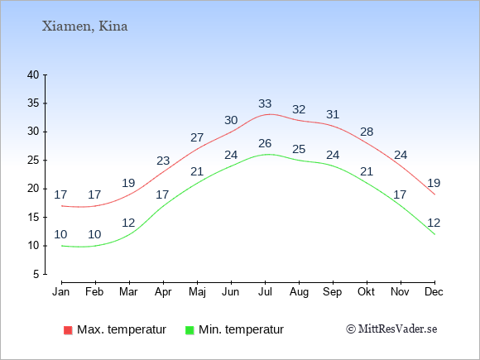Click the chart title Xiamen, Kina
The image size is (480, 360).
(84, 26)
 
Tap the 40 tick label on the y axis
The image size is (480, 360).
(33, 74)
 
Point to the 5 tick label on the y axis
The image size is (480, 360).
(36, 274)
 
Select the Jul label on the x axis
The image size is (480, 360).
(265, 292)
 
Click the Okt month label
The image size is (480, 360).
(366, 292)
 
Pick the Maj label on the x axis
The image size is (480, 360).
(197, 292)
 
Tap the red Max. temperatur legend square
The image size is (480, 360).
(68, 330)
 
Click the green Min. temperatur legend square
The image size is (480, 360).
(190, 330)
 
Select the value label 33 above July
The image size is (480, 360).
(265, 103)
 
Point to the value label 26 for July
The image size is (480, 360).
(265, 143)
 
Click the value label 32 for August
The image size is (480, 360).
(299, 109)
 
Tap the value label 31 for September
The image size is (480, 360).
(333, 114)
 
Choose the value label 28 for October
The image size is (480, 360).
(367, 132)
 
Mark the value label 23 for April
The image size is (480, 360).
(163, 161)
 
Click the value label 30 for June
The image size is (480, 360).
(231, 120)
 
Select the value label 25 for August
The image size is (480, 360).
(299, 149)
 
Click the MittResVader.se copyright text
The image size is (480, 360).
(391, 329)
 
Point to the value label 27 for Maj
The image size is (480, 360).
(197, 137)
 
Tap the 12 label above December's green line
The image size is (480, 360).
(434, 223)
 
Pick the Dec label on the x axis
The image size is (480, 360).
(434, 292)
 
